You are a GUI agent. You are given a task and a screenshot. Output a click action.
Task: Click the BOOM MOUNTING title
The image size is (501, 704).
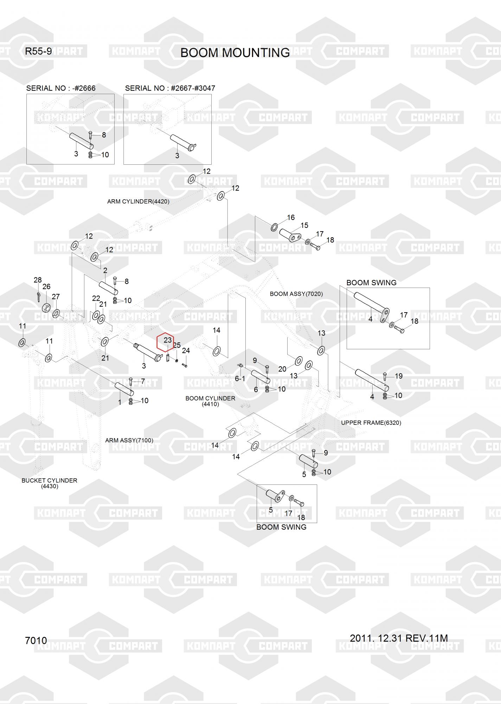235,53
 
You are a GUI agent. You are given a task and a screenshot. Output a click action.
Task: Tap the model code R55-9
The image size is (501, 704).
38,51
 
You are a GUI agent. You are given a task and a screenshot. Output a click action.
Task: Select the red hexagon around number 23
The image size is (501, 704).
165,342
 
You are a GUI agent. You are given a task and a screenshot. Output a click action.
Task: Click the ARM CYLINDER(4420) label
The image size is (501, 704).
138,202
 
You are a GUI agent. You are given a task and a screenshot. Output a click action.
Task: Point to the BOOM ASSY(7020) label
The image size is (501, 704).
296,294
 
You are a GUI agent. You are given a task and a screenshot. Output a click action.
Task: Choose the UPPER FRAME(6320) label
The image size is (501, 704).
371,423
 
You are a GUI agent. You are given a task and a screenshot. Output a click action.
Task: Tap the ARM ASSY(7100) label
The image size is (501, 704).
129,440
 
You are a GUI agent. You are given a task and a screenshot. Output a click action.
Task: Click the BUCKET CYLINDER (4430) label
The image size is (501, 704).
50,483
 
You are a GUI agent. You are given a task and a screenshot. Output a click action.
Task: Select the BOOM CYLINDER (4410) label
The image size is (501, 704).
210,401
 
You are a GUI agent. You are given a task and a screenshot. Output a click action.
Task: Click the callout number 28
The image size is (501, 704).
38,280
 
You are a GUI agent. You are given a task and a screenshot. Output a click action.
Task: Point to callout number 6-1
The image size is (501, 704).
240,378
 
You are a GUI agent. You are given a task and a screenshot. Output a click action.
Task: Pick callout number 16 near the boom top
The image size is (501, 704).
291,218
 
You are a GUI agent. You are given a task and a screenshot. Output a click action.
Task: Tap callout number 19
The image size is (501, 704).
399,376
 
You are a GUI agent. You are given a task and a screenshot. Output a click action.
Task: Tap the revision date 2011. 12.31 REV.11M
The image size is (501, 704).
399,638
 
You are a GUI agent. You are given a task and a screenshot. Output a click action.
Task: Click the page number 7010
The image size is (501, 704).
36,640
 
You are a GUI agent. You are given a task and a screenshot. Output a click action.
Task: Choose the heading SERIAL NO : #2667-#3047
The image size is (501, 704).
170,88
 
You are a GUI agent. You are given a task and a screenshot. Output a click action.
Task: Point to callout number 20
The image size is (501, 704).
282,369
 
